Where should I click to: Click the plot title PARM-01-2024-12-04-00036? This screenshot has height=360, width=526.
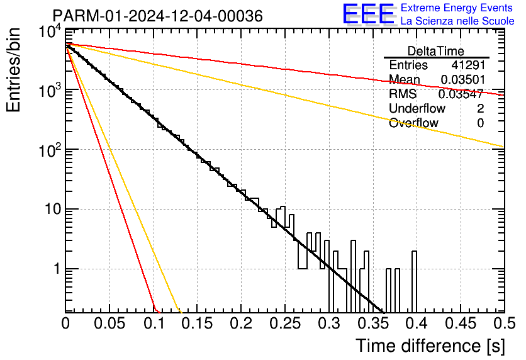click(x=158, y=16)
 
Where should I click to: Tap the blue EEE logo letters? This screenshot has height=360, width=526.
click(x=368, y=14)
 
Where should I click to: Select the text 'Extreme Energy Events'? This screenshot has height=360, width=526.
click(x=457, y=8)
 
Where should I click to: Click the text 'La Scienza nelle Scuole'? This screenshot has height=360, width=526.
click(x=457, y=21)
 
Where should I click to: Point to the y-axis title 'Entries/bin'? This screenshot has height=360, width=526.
click(x=13, y=70)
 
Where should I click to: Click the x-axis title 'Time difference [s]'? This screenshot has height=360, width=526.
click(x=430, y=346)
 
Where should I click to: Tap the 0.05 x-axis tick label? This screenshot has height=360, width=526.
click(x=109, y=323)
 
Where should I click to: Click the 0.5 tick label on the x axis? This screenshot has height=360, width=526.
click(x=504, y=323)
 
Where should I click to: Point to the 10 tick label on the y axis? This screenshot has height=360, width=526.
click(x=53, y=210)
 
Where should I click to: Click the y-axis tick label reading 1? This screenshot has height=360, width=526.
click(x=57, y=269)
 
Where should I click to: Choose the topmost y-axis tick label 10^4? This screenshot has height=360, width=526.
click(x=50, y=33)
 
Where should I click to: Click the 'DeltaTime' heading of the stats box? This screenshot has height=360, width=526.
click(x=435, y=51)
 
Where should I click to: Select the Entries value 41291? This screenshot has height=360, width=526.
click(x=468, y=65)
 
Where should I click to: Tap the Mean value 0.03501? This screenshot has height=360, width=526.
click(x=463, y=79)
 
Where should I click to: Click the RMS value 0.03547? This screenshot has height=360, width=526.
click(x=461, y=94)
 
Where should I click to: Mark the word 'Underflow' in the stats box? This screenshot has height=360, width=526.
click(x=417, y=108)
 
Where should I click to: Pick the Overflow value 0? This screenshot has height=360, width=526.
click(x=480, y=123)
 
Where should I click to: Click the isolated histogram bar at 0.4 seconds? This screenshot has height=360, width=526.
click(x=414, y=282)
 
